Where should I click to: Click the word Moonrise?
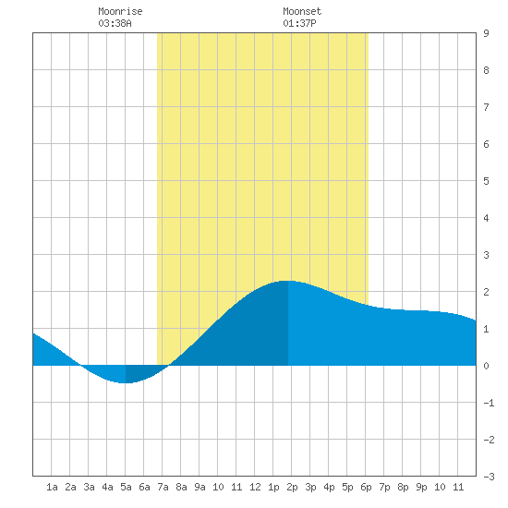[120, 11]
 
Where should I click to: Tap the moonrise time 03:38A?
[115, 23]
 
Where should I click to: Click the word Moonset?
[302, 11]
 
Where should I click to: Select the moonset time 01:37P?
[299, 23]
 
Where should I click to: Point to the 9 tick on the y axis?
[486, 33]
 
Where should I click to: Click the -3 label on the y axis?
[489, 477]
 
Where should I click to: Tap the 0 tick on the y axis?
[486, 366]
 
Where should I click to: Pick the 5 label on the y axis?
[486, 181]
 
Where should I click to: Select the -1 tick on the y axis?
[489, 403]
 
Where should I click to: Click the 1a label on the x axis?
[52, 487]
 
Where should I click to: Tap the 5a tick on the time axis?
[126, 487]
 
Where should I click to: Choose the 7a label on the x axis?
[163, 487]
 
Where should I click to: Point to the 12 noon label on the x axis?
[255, 487]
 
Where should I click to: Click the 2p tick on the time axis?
[292, 487]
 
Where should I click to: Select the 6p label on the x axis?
[366, 487]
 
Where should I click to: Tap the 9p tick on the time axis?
[421, 487]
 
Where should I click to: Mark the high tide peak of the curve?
[288, 281]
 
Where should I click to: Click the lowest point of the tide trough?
[126, 383]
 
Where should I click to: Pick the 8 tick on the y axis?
[486, 70]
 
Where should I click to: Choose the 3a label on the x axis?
[89, 487]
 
